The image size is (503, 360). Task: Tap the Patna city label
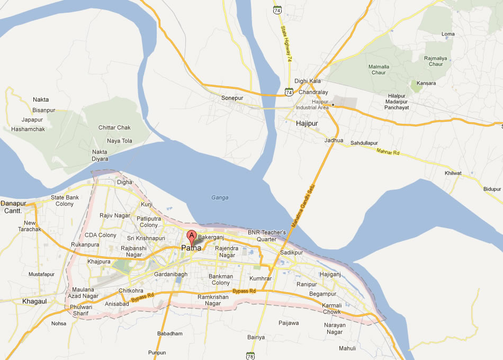click(x=191, y=248)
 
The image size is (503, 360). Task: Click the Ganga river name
click(x=220, y=197)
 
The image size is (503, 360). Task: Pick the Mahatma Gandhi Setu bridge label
click(x=303, y=207)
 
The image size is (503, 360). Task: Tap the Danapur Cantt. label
click(x=13, y=206)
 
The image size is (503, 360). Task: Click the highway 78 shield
click(x=250, y=355)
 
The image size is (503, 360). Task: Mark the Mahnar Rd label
click(x=389, y=152)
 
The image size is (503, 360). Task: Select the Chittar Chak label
click(x=114, y=128)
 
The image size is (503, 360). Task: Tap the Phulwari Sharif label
click(x=81, y=310)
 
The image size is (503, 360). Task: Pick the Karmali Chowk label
click(x=332, y=309)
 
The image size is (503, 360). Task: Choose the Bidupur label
click(x=492, y=189)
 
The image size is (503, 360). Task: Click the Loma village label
click(x=448, y=34)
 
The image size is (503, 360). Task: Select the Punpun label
click(x=157, y=353)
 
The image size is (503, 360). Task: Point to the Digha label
click(x=124, y=182)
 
